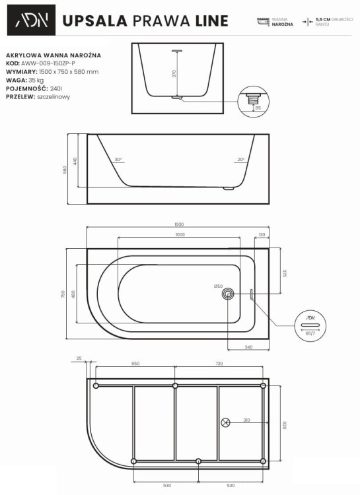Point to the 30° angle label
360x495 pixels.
pos(118,160)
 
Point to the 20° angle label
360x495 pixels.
pos(241,160)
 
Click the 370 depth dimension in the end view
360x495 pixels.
pos(174,74)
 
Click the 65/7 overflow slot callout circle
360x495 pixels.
pos(309,327)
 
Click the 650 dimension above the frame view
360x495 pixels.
pos(135,364)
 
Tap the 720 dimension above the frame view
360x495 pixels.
pos(219,364)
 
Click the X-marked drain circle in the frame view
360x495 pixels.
pos(227,422)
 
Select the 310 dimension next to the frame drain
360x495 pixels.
pos(246,420)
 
